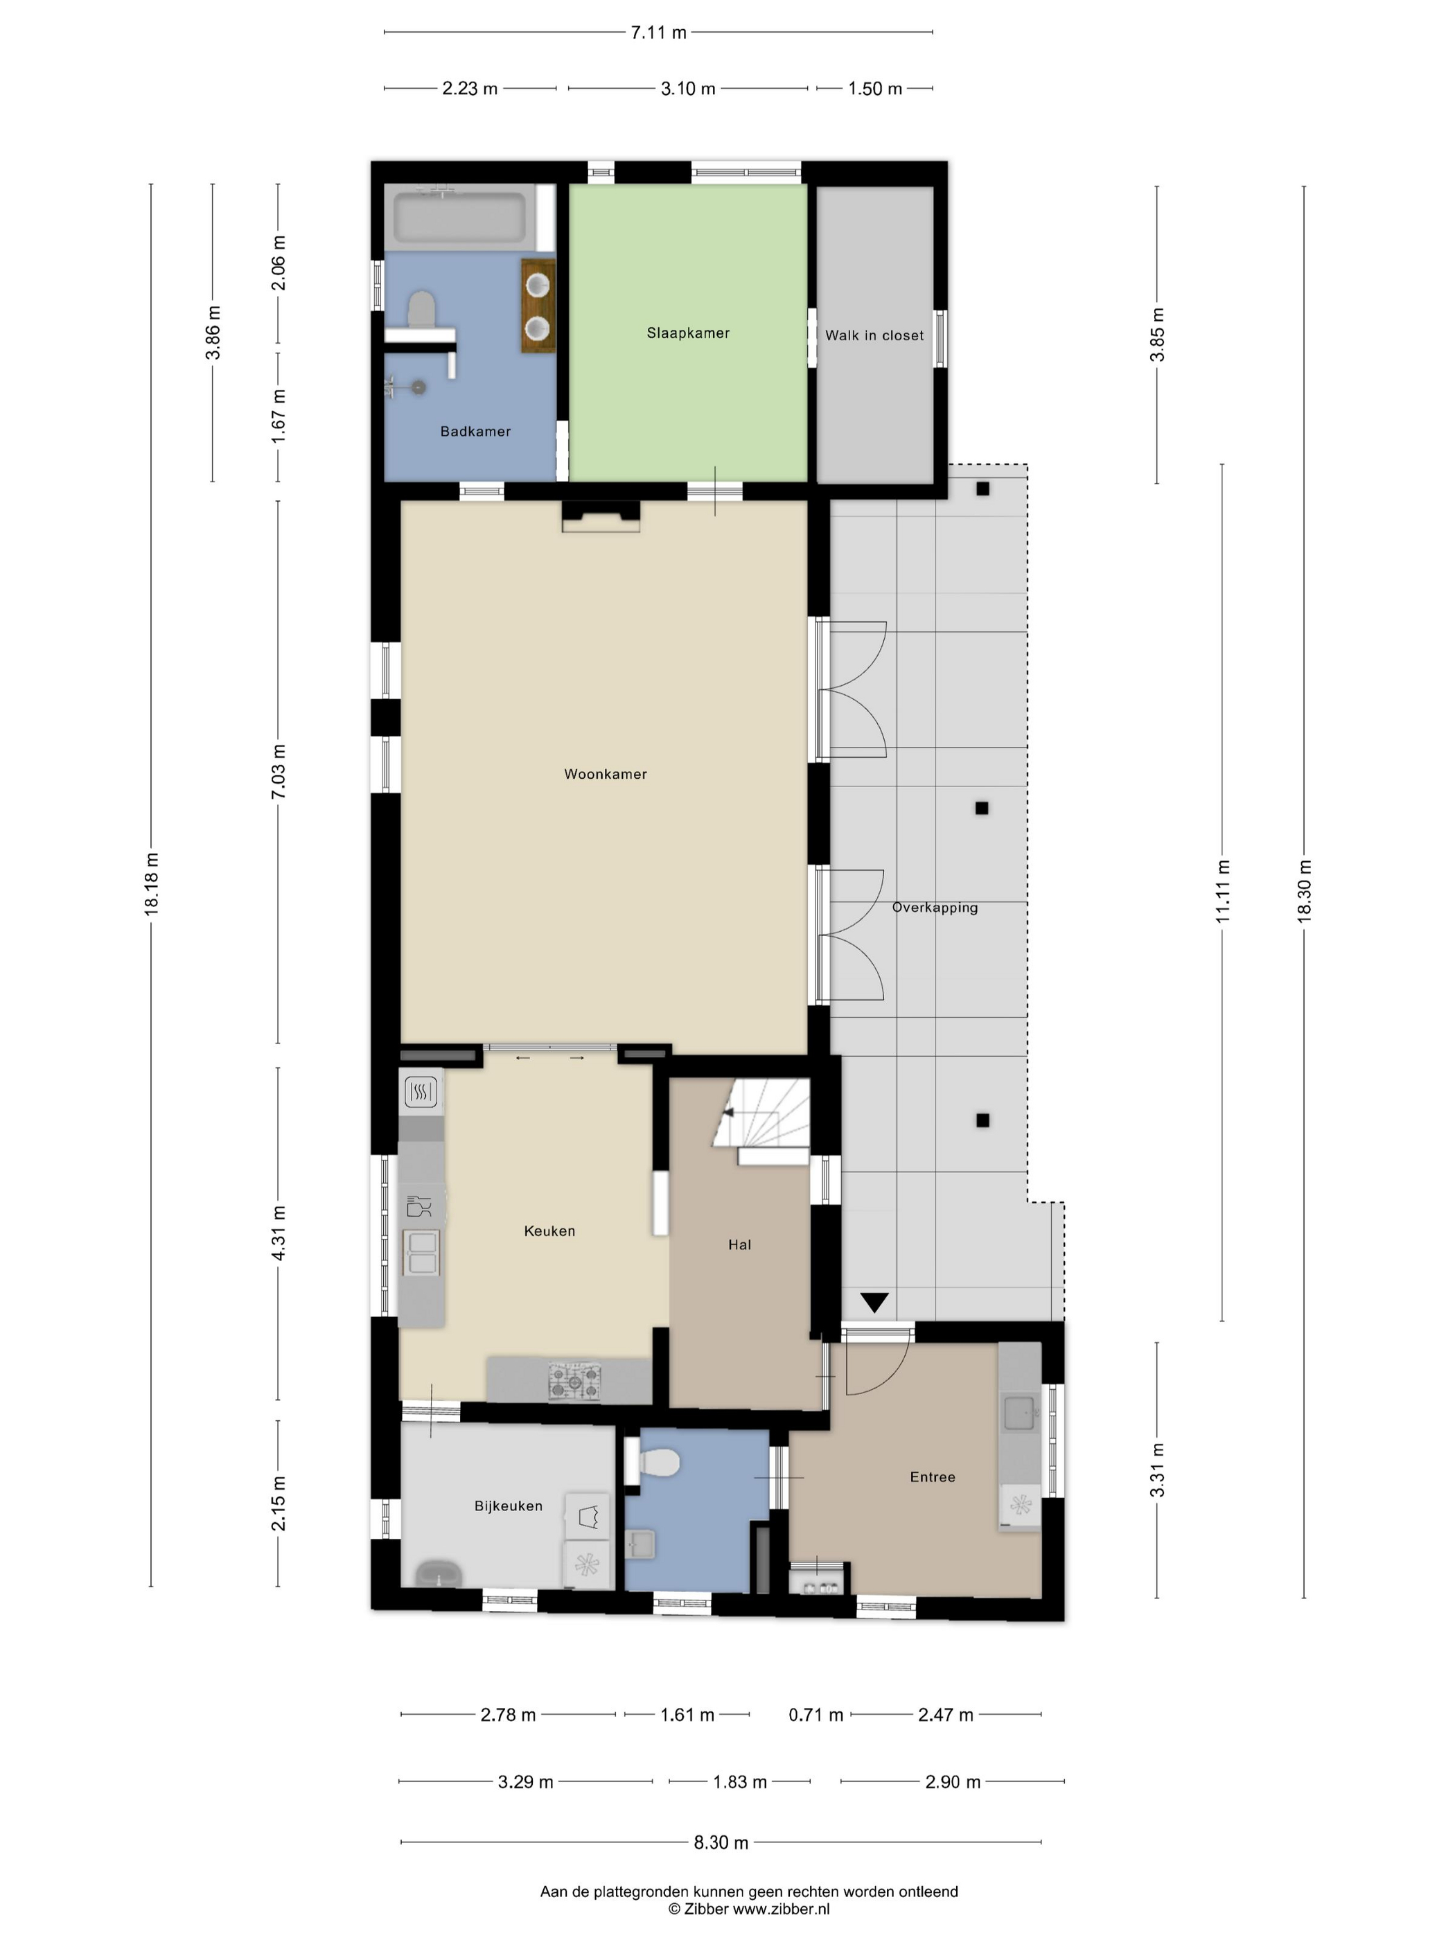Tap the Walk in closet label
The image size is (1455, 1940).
click(x=874, y=335)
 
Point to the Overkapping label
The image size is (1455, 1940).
click(x=934, y=908)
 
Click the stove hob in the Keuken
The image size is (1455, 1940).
click(x=574, y=1382)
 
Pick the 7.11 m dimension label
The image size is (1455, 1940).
click(x=659, y=33)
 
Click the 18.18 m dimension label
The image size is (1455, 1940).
click(x=152, y=884)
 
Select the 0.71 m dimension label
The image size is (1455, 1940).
click(x=815, y=1715)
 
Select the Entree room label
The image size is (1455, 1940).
click(x=933, y=1477)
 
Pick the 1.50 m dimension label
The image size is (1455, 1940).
click(x=874, y=89)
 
